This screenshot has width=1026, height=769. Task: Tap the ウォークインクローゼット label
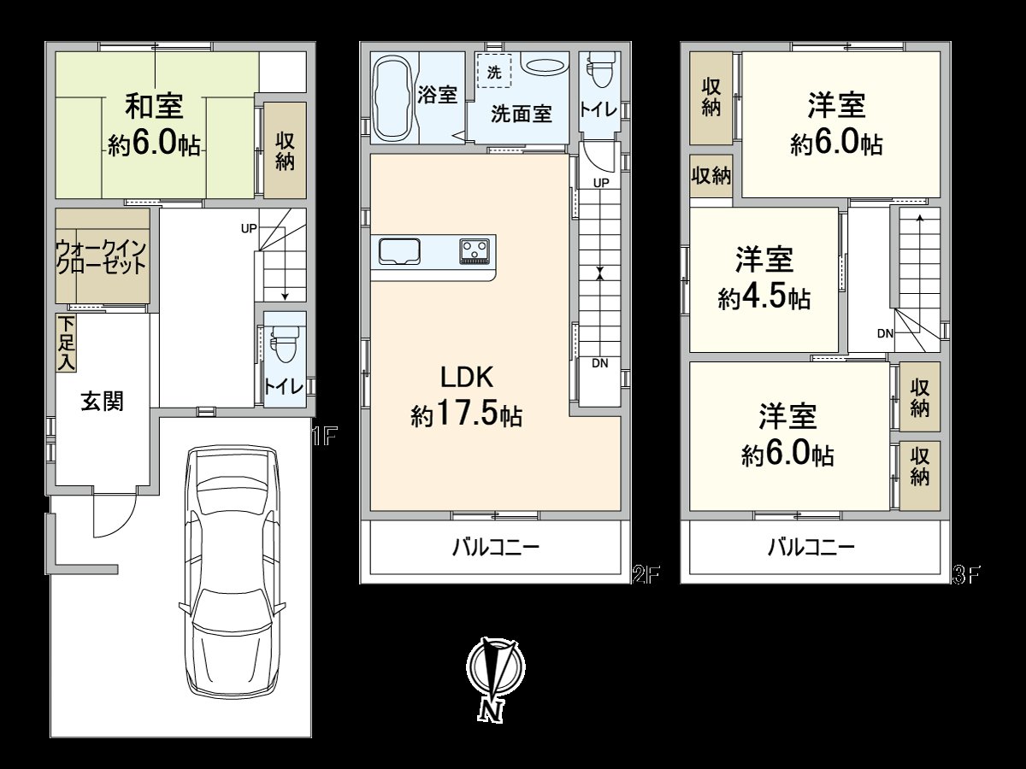click(x=103, y=255)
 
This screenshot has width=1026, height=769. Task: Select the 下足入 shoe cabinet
click(x=66, y=343)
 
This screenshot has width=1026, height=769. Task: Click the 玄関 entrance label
click(x=103, y=401)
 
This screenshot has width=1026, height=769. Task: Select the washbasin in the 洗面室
click(x=543, y=65)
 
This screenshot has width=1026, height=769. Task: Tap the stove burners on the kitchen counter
click(x=473, y=251)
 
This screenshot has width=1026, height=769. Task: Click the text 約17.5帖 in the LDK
click(x=466, y=416)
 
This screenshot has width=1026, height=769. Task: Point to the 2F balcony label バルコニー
click(x=495, y=548)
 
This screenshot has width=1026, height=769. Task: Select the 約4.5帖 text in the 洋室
click(x=764, y=298)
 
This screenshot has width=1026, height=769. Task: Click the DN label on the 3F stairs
click(x=885, y=333)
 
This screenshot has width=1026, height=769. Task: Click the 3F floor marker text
click(x=965, y=575)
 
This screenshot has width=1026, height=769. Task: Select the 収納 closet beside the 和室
click(x=285, y=150)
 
